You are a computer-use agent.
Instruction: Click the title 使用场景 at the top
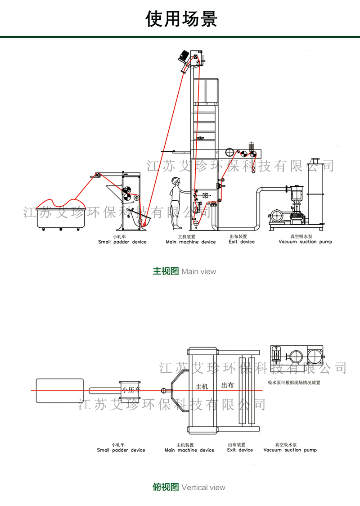(x=182, y=19)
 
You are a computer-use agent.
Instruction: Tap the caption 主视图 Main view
(x=184, y=271)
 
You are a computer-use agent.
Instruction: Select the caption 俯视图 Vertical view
(x=189, y=487)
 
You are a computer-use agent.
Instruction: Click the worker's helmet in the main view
(x=175, y=181)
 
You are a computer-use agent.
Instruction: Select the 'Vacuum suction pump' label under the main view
(x=305, y=242)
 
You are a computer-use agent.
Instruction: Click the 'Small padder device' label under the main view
(x=122, y=242)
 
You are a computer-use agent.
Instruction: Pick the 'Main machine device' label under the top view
(x=189, y=450)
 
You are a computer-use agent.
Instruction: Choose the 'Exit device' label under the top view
(x=240, y=450)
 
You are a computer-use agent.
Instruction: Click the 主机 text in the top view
(x=202, y=386)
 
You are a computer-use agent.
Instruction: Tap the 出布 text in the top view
(x=228, y=385)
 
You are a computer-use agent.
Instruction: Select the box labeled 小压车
(x=130, y=390)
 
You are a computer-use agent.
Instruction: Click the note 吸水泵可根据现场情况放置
(x=293, y=383)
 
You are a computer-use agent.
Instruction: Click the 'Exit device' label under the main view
(x=241, y=242)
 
